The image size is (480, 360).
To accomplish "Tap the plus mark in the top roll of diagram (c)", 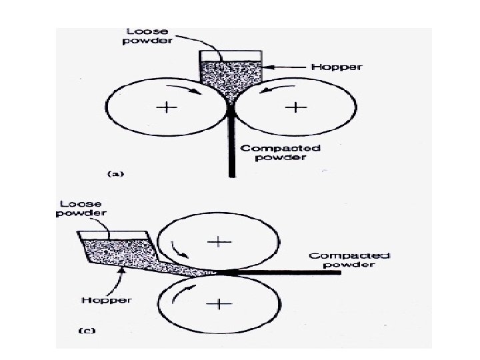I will point(218,240).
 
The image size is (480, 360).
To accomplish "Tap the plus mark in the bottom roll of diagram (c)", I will point(218,304).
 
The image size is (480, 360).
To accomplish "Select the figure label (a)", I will point(115,173).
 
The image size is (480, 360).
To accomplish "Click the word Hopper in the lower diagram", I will point(107,300).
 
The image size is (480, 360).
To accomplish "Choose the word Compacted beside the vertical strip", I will point(271,148).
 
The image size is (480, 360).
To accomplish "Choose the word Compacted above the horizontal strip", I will point(349,256).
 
